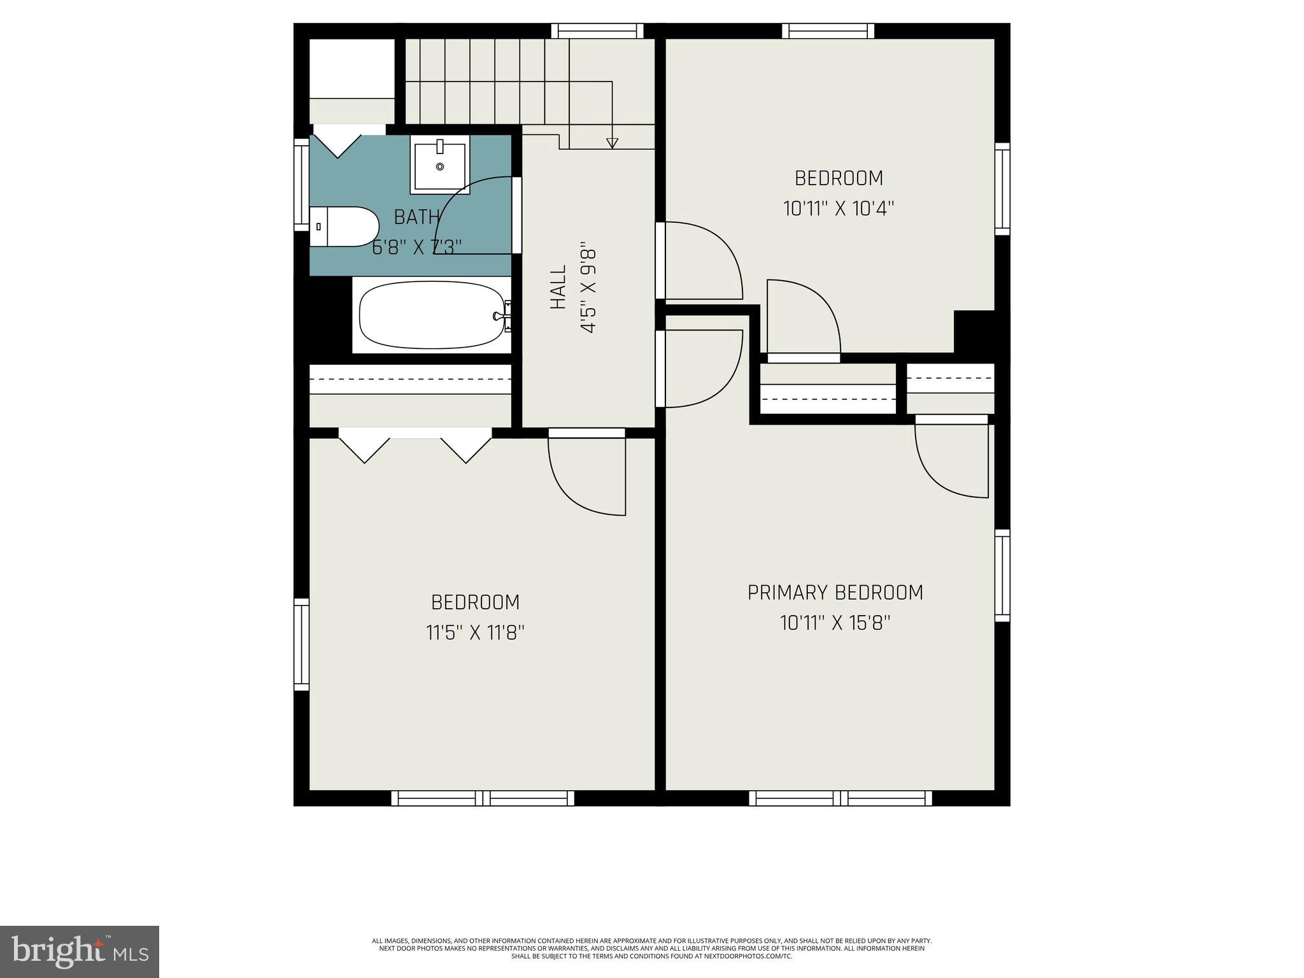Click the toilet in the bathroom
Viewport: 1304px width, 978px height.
344,227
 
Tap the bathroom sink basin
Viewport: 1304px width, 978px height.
440,166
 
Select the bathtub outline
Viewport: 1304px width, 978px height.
432,315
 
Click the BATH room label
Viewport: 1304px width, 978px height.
417,217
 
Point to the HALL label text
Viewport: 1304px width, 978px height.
558,287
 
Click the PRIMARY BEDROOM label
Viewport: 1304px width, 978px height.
835,593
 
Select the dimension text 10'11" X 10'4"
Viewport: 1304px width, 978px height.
839,209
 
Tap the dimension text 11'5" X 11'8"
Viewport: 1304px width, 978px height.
475,633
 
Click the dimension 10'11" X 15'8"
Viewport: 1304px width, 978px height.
835,623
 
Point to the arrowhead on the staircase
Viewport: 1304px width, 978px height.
612,143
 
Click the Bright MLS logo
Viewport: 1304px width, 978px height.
80,951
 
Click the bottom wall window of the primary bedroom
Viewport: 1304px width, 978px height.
840,798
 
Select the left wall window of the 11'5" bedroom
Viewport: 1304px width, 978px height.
301,644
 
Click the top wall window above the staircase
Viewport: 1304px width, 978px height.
597,31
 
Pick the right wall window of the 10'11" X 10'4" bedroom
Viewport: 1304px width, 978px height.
1002,189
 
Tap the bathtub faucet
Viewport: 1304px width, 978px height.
500,316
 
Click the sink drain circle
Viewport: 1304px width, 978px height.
440,167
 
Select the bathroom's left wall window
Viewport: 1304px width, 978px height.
301,185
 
